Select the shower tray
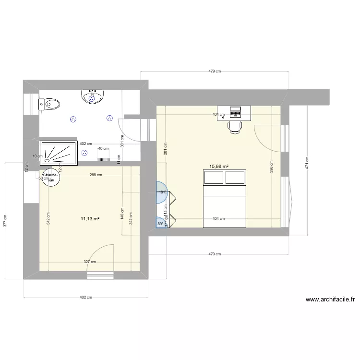tap(59, 153)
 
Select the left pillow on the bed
tap(215, 177)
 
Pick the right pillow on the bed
tap(235, 177)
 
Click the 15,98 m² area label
tap(218, 167)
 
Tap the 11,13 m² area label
tap(90, 218)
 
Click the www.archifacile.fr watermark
tap(330, 299)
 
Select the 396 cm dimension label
tap(271, 167)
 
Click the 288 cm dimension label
tap(96, 175)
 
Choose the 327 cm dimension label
tap(90, 262)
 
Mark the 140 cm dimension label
tap(123, 214)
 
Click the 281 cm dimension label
tap(165, 149)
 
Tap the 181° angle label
tap(162, 192)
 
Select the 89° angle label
tap(160, 223)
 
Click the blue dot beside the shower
tap(84, 153)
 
